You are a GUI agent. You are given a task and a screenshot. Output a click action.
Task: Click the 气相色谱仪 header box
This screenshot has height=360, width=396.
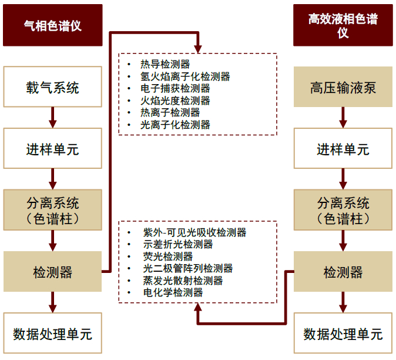click(53, 25)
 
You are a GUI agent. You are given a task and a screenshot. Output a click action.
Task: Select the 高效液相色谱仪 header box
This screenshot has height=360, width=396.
click(343, 25)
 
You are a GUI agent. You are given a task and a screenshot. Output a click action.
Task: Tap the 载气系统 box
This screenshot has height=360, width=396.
click(53, 86)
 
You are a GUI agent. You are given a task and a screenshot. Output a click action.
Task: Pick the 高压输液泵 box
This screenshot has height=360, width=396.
click(343, 86)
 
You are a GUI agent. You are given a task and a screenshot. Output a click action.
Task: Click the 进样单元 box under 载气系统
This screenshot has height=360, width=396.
click(53, 148)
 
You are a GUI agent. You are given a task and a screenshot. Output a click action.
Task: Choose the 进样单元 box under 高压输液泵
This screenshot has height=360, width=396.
click(343, 148)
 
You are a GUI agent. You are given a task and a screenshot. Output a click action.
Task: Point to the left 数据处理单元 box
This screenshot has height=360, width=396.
click(53, 333)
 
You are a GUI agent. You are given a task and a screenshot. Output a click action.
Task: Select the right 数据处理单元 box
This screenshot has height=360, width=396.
click(343, 333)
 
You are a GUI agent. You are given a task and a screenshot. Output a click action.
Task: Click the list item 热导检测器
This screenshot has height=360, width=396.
click(165, 64)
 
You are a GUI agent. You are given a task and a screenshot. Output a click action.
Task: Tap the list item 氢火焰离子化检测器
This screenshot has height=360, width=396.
click(185, 76)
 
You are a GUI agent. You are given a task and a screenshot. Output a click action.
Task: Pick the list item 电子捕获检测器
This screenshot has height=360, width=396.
click(175, 88)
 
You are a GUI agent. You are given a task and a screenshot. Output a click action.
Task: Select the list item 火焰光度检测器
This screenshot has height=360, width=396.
click(175, 101)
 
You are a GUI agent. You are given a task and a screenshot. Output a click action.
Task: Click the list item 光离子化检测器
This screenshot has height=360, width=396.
click(175, 125)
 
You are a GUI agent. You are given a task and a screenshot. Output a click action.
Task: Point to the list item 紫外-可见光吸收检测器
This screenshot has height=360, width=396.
click(194, 232)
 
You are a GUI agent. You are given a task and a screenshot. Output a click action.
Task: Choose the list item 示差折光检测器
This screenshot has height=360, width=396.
click(178, 245)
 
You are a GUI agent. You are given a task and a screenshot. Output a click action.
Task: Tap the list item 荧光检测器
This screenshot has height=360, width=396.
click(168, 256)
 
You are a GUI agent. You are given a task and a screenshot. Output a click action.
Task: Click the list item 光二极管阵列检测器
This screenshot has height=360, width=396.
click(188, 268)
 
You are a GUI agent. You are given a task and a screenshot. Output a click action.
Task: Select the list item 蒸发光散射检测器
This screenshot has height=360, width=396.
click(183, 281)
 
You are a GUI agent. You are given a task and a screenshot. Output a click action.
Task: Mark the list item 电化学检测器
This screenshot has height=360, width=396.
click(173, 293)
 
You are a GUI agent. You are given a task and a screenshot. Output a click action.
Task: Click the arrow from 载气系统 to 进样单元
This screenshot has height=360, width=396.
click(53, 118)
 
